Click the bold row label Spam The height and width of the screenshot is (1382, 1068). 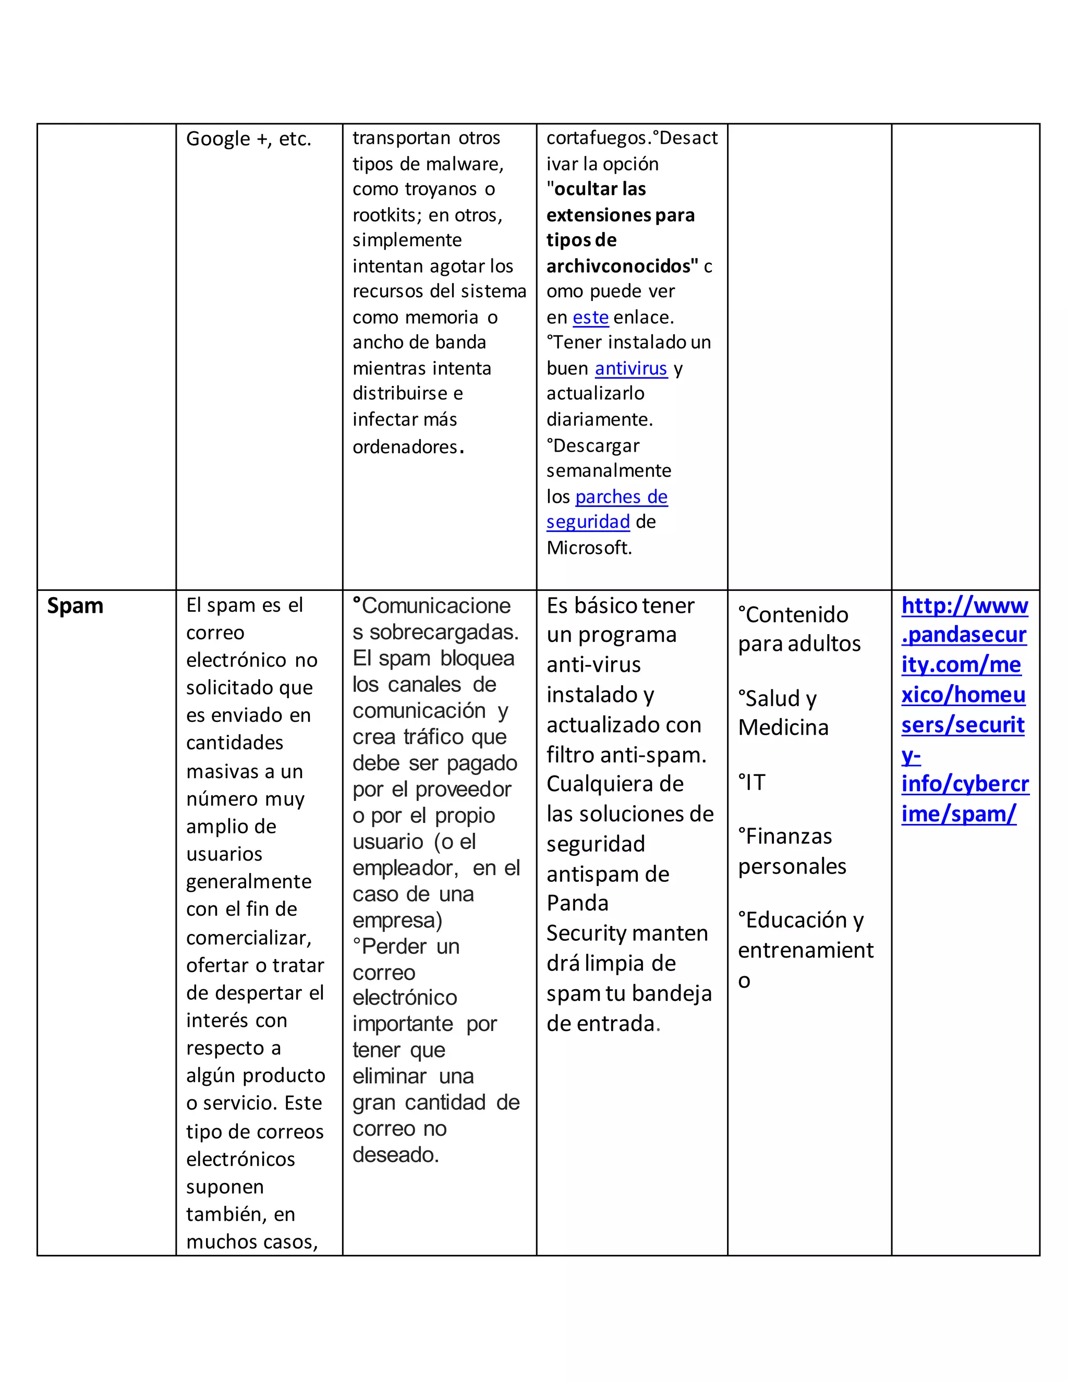pyautogui.click(x=75, y=606)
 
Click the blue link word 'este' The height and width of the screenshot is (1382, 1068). pyautogui.click(x=590, y=317)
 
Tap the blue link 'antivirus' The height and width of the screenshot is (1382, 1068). pyautogui.click(x=631, y=368)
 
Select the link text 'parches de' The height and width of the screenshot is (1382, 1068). pyautogui.click(x=621, y=496)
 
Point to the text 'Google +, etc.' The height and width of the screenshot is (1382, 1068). pyautogui.click(x=249, y=139)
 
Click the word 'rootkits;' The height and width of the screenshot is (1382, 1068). pyautogui.click(x=387, y=215)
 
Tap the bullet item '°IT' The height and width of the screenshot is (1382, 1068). pyautogui.click(x=753, y=783)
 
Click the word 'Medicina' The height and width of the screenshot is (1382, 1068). pyautogui.click(x=783, y=728)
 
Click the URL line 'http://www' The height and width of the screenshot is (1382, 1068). pyautogui.click(x=964, y=606)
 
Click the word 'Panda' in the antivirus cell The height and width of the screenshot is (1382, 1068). pyautogui.click(x=577, y=903)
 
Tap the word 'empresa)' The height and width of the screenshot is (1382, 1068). pyautogui.click(x=397, y=920)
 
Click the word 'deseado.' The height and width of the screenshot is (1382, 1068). pyautogui.click(x=395, y=1155)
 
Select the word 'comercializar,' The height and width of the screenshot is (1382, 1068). pyautogui.click(x=249, y=938)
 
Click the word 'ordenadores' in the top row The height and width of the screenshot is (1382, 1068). pyautogui.click(x=405, y=447)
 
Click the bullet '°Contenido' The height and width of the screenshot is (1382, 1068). pyautogui.click(x=793, y=614)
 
